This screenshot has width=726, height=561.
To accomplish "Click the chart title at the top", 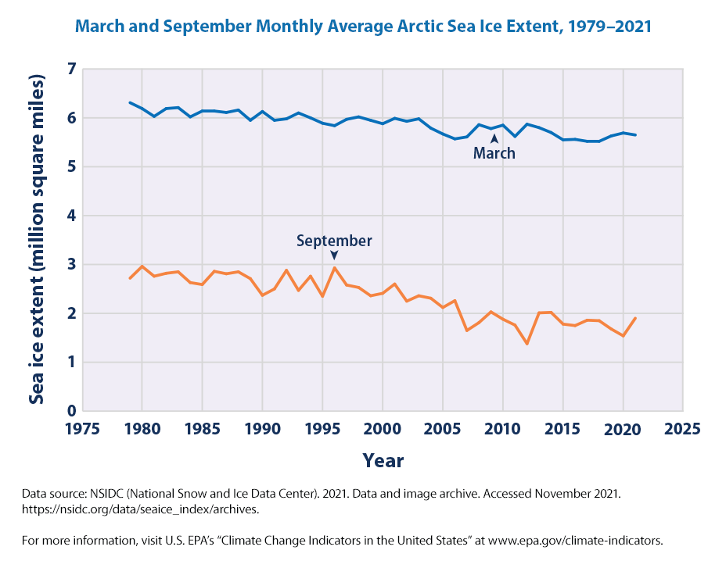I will click(x=363, y=27).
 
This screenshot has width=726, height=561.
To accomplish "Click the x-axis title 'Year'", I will click(x=383, y=461).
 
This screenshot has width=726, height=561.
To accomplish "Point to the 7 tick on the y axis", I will click(x=72, y=70).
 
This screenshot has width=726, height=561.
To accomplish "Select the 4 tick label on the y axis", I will click(x=72, y=216).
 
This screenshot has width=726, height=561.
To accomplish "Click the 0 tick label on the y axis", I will click(x=72, y=411).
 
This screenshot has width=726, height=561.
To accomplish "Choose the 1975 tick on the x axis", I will click(x=82, y=429).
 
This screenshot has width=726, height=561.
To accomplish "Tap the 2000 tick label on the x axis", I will click(x=383, y=429).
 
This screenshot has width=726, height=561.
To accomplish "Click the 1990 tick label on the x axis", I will click(x=262, y=429).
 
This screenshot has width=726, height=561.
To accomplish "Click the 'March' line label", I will click(x=494, y=154).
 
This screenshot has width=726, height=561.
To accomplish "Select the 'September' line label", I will click(x=334, y=241).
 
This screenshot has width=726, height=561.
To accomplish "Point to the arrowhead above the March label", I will click(x=494, y=138).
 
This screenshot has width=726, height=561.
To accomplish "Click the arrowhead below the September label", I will click(x=334, y=255).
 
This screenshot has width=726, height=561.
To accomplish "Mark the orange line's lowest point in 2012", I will click(x=527, y=344).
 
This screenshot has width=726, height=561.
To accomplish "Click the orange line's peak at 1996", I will click(x=334, y=268).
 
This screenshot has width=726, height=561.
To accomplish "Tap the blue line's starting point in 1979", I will click(x=130, y=102).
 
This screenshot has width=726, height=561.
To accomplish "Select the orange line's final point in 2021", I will click(x=635, y=318).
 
